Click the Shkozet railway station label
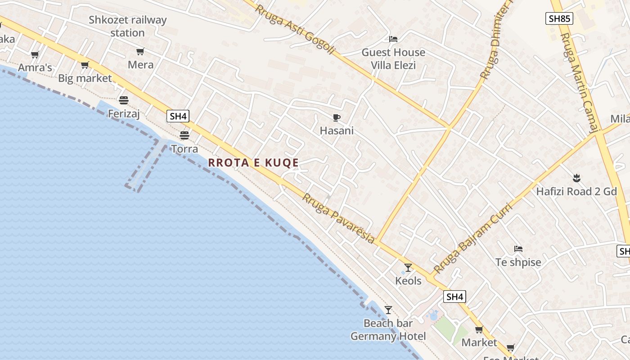(x=127, y=27)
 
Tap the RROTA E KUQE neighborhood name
(x=253, y=162)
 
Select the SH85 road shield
(x=559, y=18)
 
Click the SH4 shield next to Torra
(x=178, y=116)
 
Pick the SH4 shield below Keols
(x=454, y=297)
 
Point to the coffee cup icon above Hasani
(x=336, y=118)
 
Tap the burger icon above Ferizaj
(x=124, y=100)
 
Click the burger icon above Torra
(x=184, y=135)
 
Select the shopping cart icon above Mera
(x=140, y=52)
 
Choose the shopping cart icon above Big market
(x=85, y=65)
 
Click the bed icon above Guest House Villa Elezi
(x=393, y=39)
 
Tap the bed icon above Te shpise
(x=518, y=249)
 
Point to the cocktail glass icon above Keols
(x=408, y=268)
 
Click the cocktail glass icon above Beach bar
(x=388, y=310)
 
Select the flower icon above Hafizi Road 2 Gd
(x=576, y=178)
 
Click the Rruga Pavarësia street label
(x=338, y=219)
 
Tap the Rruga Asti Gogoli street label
(x=295, y=29)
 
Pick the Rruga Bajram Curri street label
(x=473, y=238)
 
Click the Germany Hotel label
(x=388, y=336)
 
